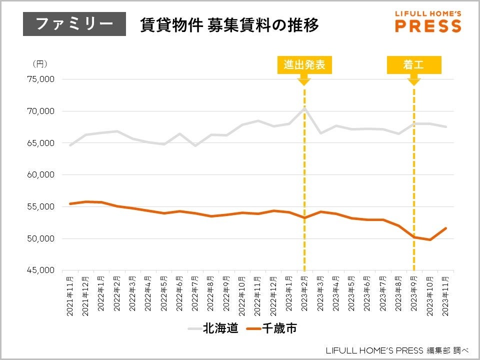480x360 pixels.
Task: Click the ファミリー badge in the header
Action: click(74, 24)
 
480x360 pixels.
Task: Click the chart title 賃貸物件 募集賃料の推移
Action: click(229, 25)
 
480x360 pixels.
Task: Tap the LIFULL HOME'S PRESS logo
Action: click(428, 21)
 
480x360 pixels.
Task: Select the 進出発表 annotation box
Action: click(304, 64)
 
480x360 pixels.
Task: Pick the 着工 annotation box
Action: click(414, 64)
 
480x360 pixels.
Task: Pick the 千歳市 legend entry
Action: click(273, 328)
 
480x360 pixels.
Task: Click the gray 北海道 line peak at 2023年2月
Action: click(304, 107)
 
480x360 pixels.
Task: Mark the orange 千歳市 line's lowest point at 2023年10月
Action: click(429, 239)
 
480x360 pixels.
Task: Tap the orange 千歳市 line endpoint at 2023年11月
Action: click(445, 228)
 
